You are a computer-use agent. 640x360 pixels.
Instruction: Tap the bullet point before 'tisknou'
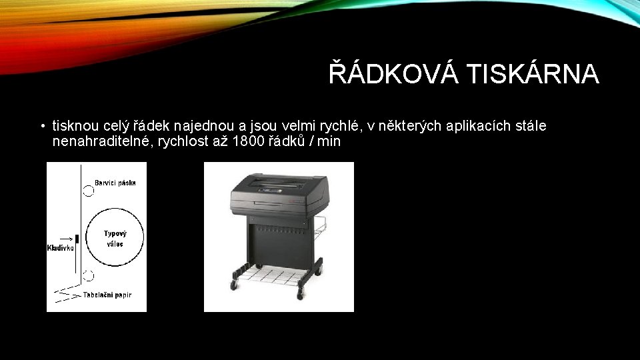[41, 127]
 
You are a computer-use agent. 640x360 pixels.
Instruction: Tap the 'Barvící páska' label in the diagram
[115, 182]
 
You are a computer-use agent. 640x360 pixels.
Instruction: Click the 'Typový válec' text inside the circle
[115, 238]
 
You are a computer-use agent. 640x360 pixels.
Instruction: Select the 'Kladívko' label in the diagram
[60, 249]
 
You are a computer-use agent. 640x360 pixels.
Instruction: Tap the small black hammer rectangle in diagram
[77, 239]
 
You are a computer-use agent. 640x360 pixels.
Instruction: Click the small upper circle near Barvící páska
[88, 191]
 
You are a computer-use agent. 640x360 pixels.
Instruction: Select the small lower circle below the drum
[88, 275]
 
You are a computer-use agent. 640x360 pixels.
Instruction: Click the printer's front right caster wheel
[301, 292]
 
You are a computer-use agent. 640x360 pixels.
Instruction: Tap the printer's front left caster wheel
[234, 285]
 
